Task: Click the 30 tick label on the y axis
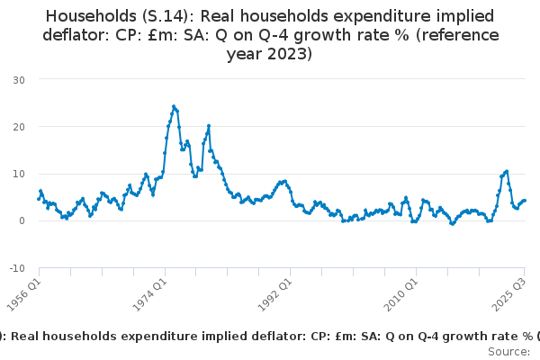[x=19, y=80]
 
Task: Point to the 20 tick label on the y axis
[x=19, y=127]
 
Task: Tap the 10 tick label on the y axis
[x=19, y=174]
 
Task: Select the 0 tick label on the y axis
[x=22, y=220]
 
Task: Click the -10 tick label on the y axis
[x=17, y=268]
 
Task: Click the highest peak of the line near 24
[x=174, y=106]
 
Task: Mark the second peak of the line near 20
[x=209, y=126]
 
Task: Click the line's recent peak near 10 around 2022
[x=507, y=171]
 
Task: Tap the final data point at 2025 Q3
[x=525, y=201]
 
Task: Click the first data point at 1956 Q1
[x=39, y=199]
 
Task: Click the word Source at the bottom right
[x=508, y=351]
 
